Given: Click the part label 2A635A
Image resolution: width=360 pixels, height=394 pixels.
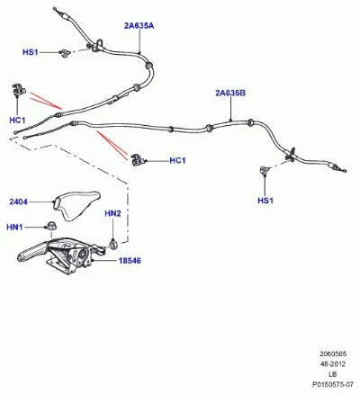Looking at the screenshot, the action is pos(139,26).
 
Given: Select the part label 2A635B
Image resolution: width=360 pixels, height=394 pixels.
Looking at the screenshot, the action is pos(230,93).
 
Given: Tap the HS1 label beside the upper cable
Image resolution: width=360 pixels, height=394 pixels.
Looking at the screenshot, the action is pos(31,52).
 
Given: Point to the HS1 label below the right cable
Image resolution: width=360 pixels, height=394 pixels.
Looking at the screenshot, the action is pos(265,201).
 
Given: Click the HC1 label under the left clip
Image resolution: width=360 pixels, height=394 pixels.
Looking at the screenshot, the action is pos(17,121).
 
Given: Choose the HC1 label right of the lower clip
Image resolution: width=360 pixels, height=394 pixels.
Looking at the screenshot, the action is pos(177,160).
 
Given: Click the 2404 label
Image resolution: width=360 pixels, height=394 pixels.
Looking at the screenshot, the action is pos(18,201).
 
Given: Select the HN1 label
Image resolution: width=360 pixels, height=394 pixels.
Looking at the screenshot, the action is pos(14,228).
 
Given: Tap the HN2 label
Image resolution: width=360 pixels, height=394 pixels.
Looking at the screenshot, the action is pos(112,213).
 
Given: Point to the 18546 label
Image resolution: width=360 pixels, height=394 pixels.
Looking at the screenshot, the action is pos(130,261).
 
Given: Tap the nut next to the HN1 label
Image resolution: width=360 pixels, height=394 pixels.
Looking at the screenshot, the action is pos(49,226).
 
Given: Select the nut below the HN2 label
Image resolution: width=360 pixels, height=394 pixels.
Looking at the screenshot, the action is pos(113,244).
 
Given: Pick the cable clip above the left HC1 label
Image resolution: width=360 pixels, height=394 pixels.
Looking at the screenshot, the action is pos(19,90).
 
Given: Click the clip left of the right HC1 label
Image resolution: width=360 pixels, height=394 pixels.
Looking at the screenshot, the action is pos(138,159).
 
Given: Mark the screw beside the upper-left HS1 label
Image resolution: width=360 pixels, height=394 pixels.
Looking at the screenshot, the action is pos(65,53).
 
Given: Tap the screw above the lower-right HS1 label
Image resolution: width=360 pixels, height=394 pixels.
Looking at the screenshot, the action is pos(264,170).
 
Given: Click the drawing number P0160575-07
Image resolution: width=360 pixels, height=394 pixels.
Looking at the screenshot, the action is pos(333,384).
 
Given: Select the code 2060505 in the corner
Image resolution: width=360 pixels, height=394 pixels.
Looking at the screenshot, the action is pos(333,354).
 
